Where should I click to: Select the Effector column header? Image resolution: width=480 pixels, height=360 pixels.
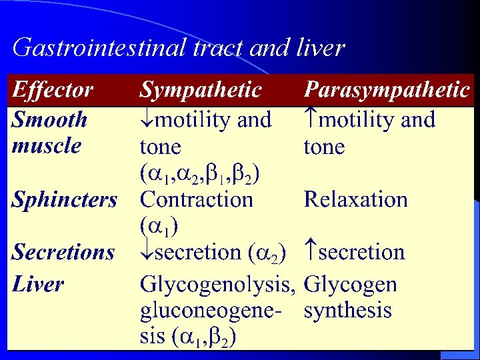pos(53,90)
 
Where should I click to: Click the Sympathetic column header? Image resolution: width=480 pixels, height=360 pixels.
pos(201,90)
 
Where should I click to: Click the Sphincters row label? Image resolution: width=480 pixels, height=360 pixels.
pos(65,199)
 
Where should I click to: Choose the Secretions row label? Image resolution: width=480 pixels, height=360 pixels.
pos(63,253)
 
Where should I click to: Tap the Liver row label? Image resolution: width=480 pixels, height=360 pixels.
pos(38,285)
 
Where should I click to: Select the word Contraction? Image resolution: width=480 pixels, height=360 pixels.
pos(197,199)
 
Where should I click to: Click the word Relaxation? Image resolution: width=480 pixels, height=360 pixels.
pos(355,199)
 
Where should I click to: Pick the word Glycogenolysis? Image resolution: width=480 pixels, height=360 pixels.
pos(217,285)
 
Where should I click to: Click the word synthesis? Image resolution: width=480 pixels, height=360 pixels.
pos(347,311)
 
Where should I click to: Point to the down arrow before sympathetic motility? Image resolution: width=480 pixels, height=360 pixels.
pos(147,121)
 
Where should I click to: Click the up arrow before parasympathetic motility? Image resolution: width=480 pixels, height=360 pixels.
pos(311,121)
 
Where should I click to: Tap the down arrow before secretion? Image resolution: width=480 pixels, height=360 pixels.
pos(147,253)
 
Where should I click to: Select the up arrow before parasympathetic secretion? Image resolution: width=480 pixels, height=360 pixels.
pos(311,253)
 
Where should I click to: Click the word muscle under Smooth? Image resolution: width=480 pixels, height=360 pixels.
pos(47,146)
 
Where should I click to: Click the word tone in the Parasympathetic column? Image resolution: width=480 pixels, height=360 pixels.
pos(324,147)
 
